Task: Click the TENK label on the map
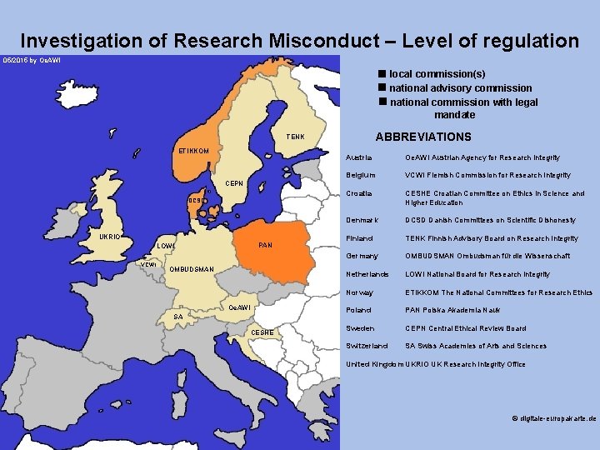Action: [x=295, y=137]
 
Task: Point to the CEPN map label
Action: [x=234, y=183]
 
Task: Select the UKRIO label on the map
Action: [x=110, y=237]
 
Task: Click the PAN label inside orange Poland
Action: [x=266, y=246]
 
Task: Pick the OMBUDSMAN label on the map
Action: [x=192, y=269]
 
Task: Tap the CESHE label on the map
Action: [x=262, y=332]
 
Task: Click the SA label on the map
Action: [x=177, y=317]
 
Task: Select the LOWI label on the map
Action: [x=166, y=247]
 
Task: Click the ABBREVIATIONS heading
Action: [x=423, y=137]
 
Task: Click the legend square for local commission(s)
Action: [x=381, y=74]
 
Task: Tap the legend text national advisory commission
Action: [x=461, y=87]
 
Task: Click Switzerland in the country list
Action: [x=366, y=346]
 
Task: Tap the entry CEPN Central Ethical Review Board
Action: [x=466, y=328]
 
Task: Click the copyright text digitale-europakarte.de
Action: [x=553, y=419]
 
